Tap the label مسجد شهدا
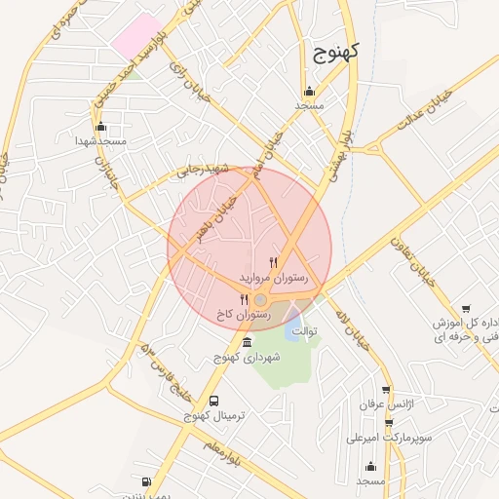coord(101,142)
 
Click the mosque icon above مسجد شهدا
coord(101,127)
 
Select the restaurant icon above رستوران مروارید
coord(273,261)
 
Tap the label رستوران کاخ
coord(243,315)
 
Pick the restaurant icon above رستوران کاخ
coord(244,299)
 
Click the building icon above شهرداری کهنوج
coord(246,342)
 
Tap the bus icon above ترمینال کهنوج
coord(214,400)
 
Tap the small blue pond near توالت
coord(293,328)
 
